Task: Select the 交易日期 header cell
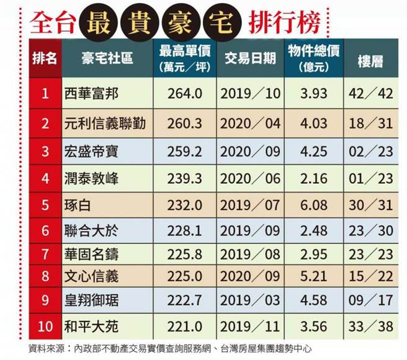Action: pyautogui.click(x=250, y=58)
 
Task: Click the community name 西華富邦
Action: pyautogui.click(x=91, y=94)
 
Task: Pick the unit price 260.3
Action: pyautogui.click(x=185, y=124)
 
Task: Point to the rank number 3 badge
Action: pyautogui.click(x=45, y=151)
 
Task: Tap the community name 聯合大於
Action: pyautogui.click(x=91, y=232)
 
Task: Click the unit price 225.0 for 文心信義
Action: pyautogui.click(x=185, y=276)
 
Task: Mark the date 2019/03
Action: pyautogui.click(x=251, y=301)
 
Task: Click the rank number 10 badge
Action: pyautogui.click(x=45, y=325)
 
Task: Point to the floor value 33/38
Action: pyautogui.click(x=371, y=325)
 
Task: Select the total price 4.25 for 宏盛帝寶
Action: pyautogui.click(x=313, y=151)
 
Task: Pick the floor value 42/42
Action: pyautogui.click(x=371, y=94)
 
